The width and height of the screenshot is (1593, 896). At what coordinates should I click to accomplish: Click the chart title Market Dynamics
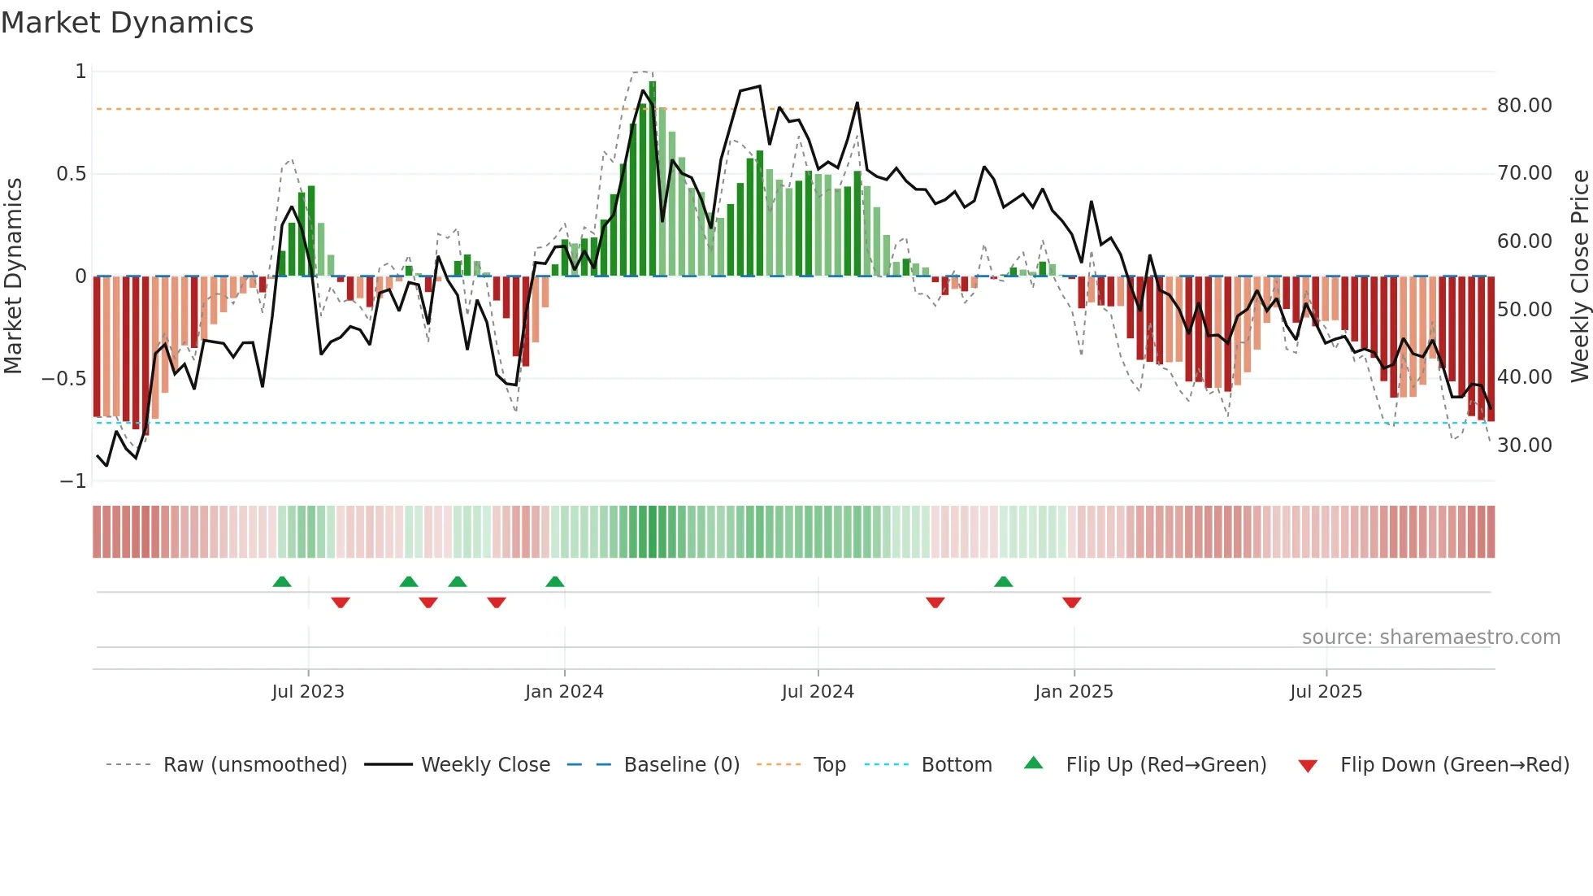(127, 23)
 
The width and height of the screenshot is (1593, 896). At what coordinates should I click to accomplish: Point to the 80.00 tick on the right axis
(1524, 106)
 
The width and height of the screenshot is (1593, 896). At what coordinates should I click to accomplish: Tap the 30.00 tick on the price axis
(1524, 446)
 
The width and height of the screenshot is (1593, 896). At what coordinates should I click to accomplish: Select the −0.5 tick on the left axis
(63, 379)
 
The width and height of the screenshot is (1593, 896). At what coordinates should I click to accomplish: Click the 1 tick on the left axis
(80, 72)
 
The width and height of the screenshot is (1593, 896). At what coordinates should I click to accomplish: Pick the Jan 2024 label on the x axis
(564, 692)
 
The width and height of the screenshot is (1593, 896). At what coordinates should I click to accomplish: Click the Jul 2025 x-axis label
(1326, 692)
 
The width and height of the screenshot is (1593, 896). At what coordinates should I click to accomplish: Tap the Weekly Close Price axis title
(1579, 276)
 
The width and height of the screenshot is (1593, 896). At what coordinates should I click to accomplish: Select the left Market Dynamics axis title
(13, 276)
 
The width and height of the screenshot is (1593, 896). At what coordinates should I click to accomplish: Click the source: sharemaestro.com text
(1430, 637)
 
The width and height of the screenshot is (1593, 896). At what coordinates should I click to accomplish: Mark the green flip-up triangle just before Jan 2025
(1004, 582)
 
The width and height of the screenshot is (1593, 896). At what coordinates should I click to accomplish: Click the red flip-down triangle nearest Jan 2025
(1071, 602)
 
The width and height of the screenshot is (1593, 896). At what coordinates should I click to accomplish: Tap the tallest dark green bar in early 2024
(653, 179)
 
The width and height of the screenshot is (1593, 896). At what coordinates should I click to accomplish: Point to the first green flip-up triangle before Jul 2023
(282, 582)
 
